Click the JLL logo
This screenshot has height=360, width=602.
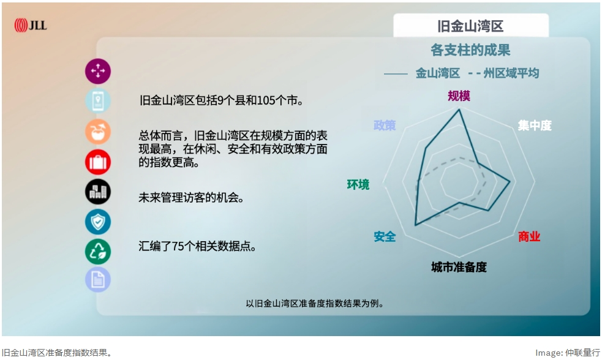[x=31, y=25]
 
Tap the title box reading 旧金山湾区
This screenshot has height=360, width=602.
[x=470, y=26]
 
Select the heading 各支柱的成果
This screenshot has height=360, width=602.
[x=470, y=50]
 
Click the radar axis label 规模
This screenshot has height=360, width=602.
[x=459, y=96]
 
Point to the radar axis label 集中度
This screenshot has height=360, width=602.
[x=534, y=126]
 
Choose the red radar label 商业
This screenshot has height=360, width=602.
[x=529, y=237]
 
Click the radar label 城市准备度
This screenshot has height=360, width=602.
[x=459, y=267]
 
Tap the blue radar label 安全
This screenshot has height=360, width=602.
[x=385, y=236]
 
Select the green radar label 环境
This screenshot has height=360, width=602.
[x=358, y=184]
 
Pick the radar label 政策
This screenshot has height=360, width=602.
[x=385, y=126]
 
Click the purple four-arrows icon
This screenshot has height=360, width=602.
[x=98, y=71]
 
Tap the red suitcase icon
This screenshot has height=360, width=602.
[x=98, y=162]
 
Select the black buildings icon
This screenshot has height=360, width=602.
[x=98, y=192]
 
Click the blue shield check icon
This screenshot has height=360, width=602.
[x=98, y=222]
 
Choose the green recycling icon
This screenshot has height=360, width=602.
[x=98, y=251]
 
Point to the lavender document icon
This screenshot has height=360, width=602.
[x=98, y=280]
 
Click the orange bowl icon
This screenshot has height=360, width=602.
[x=98, y=132]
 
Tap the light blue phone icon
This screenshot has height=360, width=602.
[x=98, y=101]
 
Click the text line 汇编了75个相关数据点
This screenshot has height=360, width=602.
[x=197, y=247]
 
